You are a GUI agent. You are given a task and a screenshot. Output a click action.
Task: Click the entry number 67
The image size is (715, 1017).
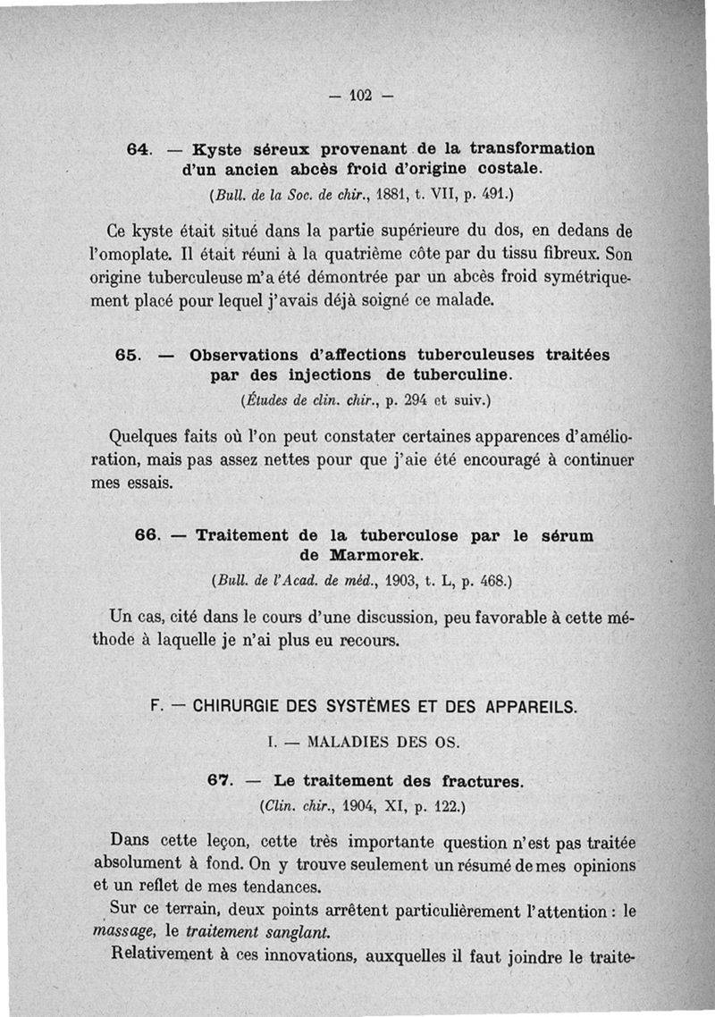[219, 781]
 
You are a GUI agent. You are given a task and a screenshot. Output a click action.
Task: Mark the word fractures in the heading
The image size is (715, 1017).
[482, 781]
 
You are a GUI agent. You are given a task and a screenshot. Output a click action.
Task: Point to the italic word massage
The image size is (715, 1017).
[121, 932]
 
